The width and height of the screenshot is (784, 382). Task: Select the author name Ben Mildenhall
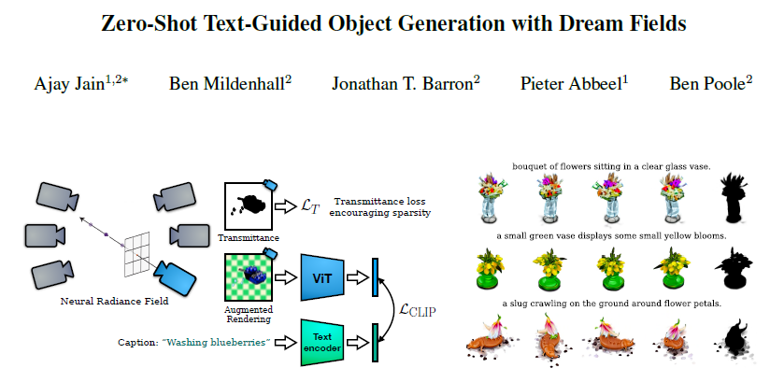point(230,84)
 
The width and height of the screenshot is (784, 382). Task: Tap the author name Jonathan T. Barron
point(406,84)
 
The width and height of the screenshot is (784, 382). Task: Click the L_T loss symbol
point(309,206)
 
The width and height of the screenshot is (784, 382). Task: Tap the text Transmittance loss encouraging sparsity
point(382,206)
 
